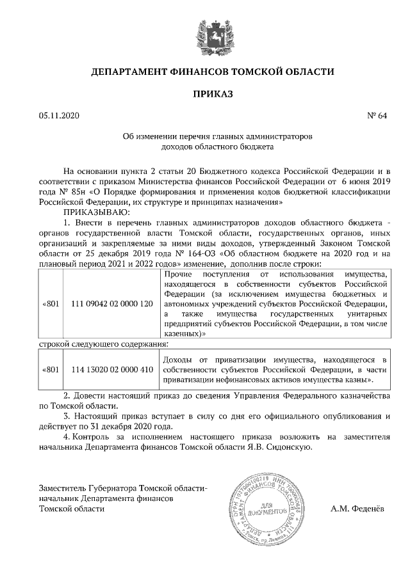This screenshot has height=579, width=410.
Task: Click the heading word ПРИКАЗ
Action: [x=204, y=94]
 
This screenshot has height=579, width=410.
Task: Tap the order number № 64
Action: [x=377, y=116]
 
